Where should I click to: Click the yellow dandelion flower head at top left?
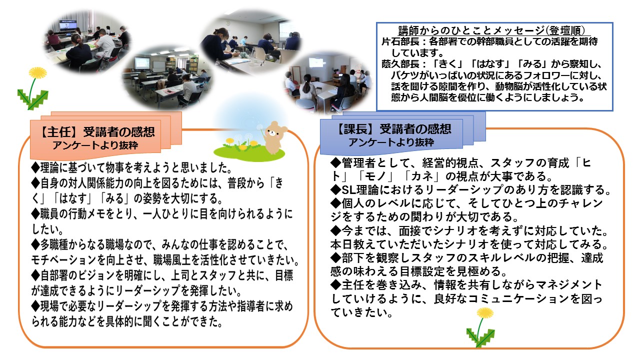[x=38, y=73]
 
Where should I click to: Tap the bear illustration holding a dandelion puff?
[x=275, y=137]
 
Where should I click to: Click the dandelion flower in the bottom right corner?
[x=485, y=313]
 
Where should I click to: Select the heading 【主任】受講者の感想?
[x=96, y=132]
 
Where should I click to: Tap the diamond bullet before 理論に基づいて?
[x=35, y=167]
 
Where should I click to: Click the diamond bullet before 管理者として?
[x=335, y=163]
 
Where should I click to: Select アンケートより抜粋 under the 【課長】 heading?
[x=391, y=142]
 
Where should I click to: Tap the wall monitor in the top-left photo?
[x=68, y=25]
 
